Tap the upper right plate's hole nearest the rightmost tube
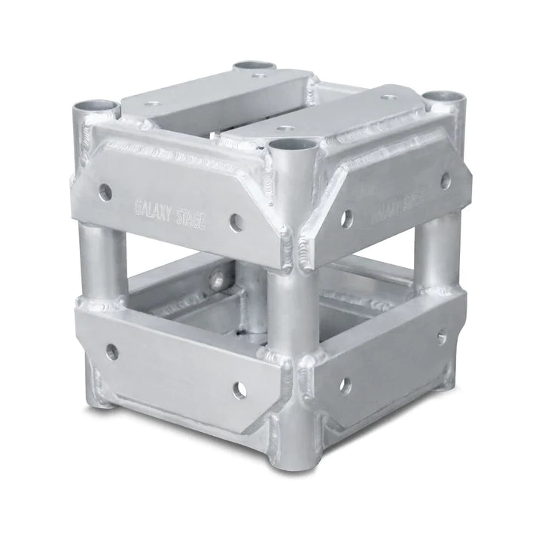pyautogui.click(x=446, y=180)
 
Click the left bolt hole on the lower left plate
pyautogui.click(x=112, y=351)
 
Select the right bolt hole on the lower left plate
pyautogui.click(x=239, y=389)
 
